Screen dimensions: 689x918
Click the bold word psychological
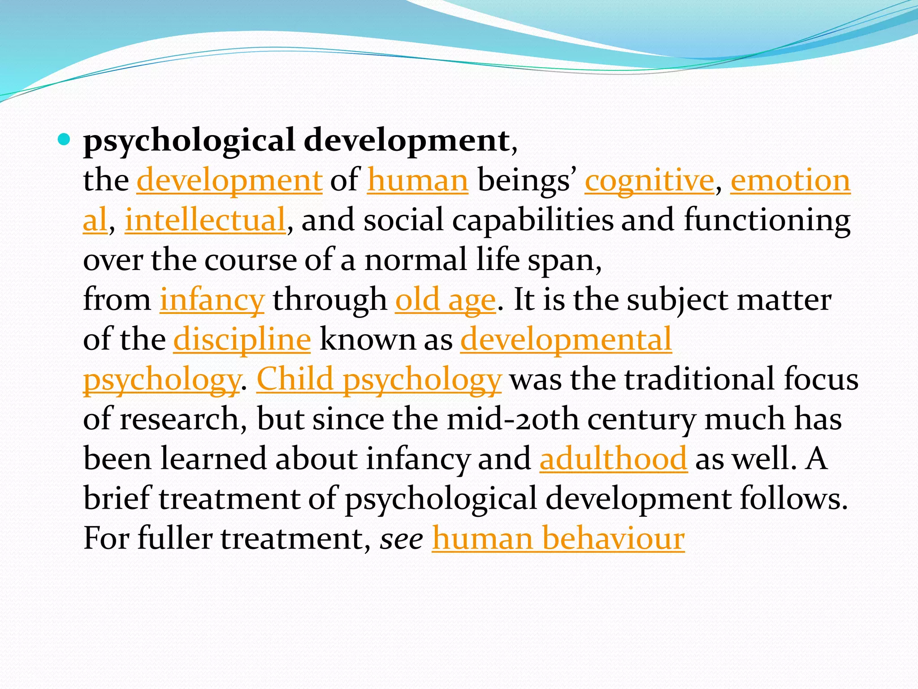click(189, 141)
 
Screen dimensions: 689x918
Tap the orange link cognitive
click(649, 180)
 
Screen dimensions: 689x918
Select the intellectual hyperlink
click(205, 220)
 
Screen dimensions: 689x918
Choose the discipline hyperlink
click(242, 340)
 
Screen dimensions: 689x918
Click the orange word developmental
click(566, 340)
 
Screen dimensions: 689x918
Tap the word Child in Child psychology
click(295, 379)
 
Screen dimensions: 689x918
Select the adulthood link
click(613, 458)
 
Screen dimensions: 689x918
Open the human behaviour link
click(558, 538)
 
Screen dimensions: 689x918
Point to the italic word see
click(401, 538)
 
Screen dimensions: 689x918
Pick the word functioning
click(767, 220)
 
